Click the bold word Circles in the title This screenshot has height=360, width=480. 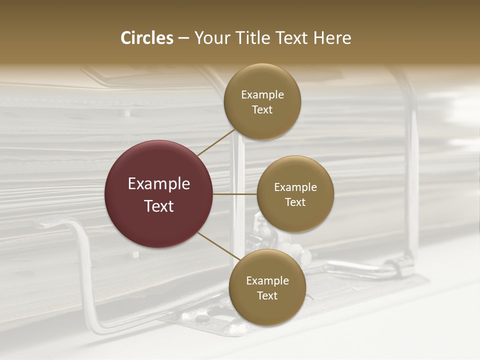pyautogui.click(x=146, y=38)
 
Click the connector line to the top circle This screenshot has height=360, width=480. pyautogui.click(x=216, y=143)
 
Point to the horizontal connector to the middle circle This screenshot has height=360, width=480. pyautogui.click(x=234, y=194)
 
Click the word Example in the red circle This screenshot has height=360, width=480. pyautogui.click(x=158, y=184)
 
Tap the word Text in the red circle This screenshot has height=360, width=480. pyautogui.click(x=158, y=206)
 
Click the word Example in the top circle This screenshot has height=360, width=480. pyautogui.click(x=262, y=95)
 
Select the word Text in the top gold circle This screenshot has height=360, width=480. pyautogui.click(x=262, y=110)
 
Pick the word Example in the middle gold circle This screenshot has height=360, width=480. pyautogui.click(x=295, y=187)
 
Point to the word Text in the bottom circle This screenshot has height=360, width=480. pyautogui.click(x=267, y=296)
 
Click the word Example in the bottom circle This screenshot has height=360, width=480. pyautogui.click(x=267, y=281)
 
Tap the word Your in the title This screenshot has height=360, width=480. pyautogui.click(x=210, y=38)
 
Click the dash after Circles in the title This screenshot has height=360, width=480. pyautogui.click(x=183, y=38)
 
